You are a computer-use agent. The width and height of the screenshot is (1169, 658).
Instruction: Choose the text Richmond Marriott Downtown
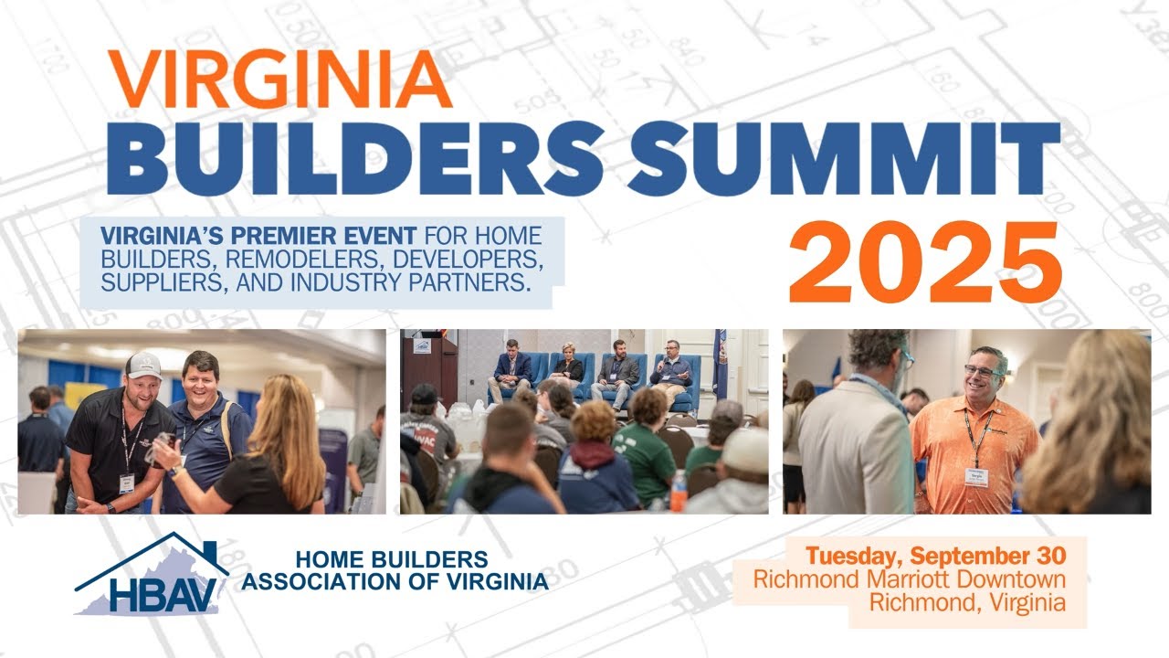click(x=909, y=579)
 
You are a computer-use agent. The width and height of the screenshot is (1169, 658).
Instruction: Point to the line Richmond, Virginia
click(x=966, y=602)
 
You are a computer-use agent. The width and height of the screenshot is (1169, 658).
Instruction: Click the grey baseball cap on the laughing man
click(x=143, y=366)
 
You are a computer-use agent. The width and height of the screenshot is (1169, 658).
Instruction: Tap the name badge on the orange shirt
click(x=976, y=477)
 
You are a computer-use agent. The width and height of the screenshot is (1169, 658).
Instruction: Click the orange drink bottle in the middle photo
click(x=678, y=491)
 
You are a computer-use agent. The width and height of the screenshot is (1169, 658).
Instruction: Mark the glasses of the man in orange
click(x=980, y=371)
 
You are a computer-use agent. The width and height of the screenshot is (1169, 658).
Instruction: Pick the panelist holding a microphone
click(x=672, y=369)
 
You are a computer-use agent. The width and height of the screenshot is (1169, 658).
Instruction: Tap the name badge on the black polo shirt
click(x=127, y=482)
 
